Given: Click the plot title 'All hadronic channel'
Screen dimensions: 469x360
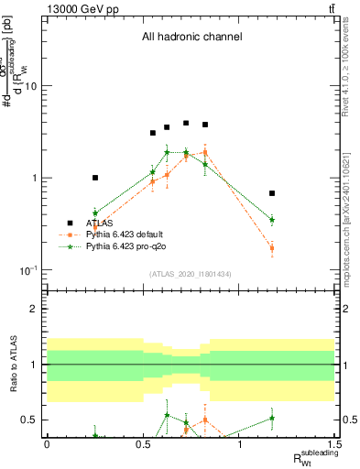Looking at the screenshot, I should click(191, 38).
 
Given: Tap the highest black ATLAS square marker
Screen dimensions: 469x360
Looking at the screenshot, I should click(186, 123).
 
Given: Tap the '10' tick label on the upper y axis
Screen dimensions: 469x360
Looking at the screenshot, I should click(29, 86).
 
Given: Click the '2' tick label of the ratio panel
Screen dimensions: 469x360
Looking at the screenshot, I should click(34, 309).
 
